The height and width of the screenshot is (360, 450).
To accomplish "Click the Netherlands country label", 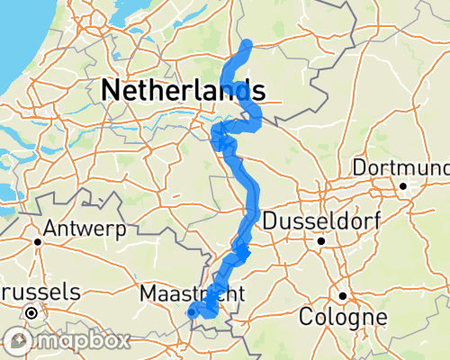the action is tap(184, 89).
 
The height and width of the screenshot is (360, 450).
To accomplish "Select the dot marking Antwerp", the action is tap(39, 241).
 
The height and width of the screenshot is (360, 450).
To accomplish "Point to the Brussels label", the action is tap(40, 292).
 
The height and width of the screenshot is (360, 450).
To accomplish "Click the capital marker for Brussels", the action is tap(31, 313).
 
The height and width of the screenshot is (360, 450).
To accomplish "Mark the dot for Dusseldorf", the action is tap(320, 241).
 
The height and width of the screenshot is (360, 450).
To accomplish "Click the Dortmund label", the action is tap(401, 168).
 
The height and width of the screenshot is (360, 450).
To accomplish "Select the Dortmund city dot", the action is tap(404, 186).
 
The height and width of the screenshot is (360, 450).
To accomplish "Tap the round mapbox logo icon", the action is tap(19, 341).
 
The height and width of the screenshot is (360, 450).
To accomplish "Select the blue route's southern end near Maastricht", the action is tap(191, 313).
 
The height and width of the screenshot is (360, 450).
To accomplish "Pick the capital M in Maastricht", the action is tap(148, 293).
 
